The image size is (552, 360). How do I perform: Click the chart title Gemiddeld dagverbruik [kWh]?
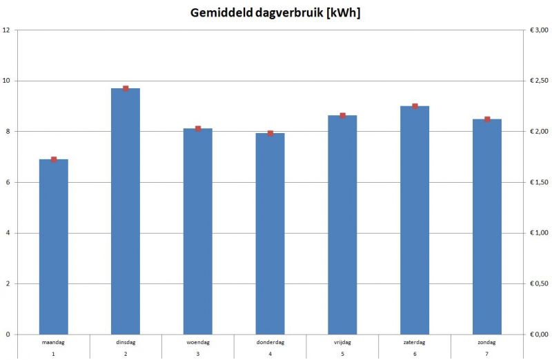276,14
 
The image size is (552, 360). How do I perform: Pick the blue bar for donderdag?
270,234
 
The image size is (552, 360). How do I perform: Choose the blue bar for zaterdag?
415,220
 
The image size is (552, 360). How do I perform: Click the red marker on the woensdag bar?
198,128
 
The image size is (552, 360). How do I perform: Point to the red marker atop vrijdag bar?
342,115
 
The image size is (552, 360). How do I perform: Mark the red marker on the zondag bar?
487,119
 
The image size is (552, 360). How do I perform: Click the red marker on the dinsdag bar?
126,88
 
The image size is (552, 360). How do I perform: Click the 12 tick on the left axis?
6,30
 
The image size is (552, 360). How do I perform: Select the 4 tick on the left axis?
8,233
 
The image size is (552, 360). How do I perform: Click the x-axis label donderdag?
270,342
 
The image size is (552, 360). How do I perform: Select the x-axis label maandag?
54,342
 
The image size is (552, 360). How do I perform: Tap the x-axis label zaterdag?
415,342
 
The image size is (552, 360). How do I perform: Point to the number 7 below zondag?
487,354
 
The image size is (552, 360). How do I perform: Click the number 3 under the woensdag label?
198,354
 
